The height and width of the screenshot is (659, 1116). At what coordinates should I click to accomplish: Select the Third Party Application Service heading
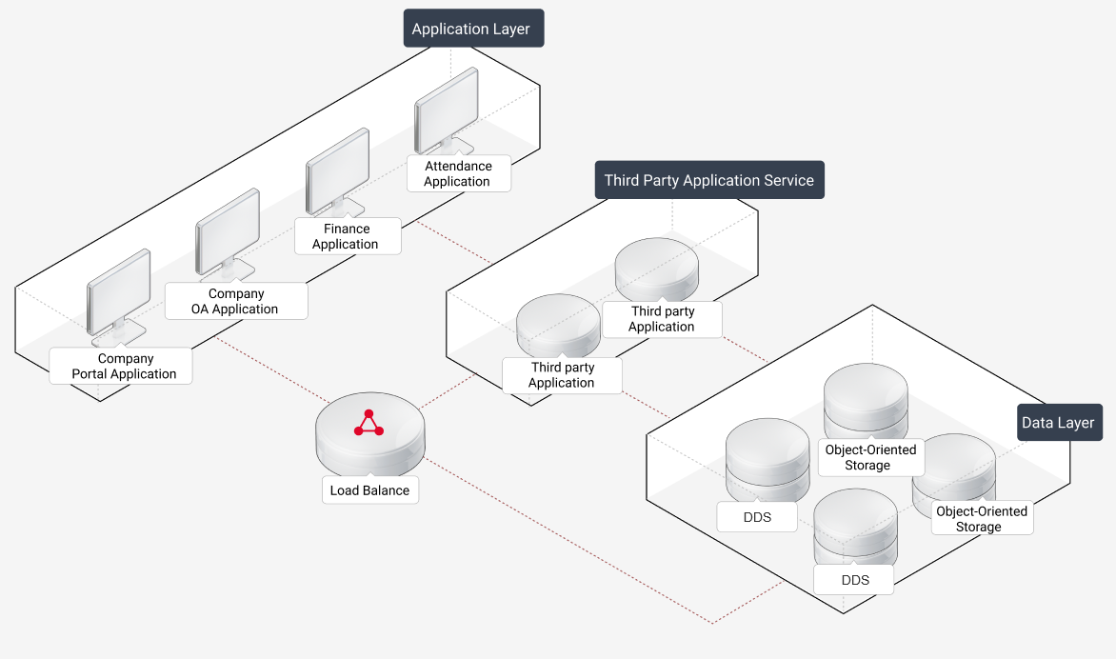(x=709, y=180)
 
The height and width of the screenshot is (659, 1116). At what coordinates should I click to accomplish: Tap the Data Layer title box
(x=1058, y=423)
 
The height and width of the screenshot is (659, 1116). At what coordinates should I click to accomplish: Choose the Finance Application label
(x=346, y=236)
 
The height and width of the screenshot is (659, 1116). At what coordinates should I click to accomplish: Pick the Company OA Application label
(x=235, y=301)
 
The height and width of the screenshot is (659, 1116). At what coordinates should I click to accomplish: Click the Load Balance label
(x=369, y=490)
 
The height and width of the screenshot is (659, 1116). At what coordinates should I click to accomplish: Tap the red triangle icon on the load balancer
(x=369, y=424)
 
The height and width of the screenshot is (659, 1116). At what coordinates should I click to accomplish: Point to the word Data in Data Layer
(x=1037, y=423)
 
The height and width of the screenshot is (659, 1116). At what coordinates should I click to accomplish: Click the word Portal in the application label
(x=91, y=374)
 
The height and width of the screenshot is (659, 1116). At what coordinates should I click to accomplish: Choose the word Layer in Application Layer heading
(x=508, y=29)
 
